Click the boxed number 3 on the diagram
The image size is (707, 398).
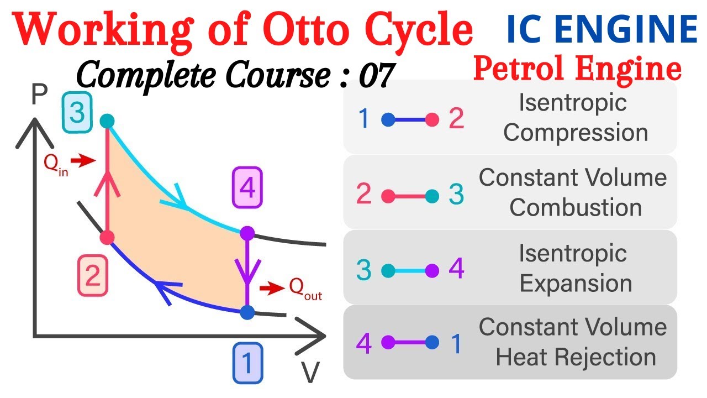77,113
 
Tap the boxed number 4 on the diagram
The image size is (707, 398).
247,190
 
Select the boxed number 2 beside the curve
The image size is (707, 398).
92,276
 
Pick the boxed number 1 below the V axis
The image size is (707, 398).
247,363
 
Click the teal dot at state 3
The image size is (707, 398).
107,121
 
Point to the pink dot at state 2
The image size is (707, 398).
107,238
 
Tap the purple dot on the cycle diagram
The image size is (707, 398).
247,233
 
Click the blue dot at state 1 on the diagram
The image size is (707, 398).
247,312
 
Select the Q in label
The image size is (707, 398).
56,164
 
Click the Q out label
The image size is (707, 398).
305,288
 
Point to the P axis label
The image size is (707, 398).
38,96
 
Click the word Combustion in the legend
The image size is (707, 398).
575,208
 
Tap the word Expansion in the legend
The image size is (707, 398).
576,284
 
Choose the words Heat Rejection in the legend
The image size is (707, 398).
576,357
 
